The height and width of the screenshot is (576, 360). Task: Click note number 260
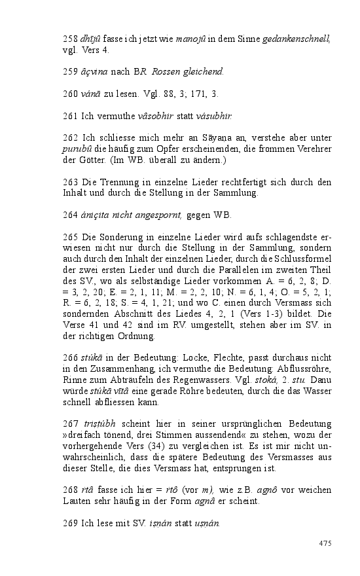69,94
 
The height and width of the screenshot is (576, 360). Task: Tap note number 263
69,182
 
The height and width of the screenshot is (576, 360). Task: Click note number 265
69,238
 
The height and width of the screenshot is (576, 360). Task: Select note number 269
69,524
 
